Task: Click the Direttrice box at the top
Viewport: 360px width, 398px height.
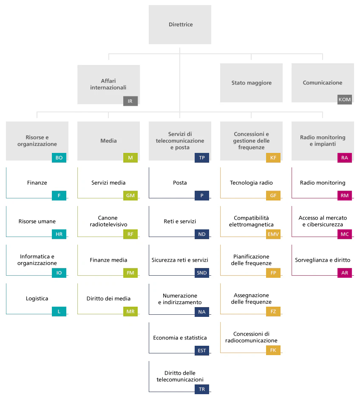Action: click(x=180, y=25)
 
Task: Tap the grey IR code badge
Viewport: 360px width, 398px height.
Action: click(x=130, y=101)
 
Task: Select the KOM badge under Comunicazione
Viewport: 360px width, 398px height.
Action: click(x=345, y=99)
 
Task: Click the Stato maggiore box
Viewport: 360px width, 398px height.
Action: click(x=251, y=83)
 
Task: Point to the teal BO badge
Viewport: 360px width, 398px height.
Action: click(x=59, y=158)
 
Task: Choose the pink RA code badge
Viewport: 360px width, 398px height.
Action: click(x=345, y=158)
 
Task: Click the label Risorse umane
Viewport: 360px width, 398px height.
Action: click(x=37, y=221)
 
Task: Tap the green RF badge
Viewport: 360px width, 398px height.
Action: click(x=130, y=234)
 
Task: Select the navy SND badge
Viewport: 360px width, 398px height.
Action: click(x=202, y=273)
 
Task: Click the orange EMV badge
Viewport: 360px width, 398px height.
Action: click(x=273, y=234)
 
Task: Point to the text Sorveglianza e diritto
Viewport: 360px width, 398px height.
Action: click(x=323, y=260)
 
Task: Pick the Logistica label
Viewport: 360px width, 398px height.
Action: click(x=37, y=299)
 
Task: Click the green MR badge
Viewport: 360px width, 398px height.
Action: click(x=130, y=311)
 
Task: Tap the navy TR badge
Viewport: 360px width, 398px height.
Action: click(x=202, y=389)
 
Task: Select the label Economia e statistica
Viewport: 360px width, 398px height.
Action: click(x=180, y=338)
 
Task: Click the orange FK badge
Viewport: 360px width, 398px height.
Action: click(x=273, y=350)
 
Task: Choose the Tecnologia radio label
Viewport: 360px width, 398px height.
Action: click(x=251, y=183)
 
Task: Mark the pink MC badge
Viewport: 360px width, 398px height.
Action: click(x=345, y=234)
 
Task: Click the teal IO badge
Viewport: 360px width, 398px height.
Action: click(x=59, y=273)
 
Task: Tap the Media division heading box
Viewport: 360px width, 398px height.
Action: click(x=108, y=141)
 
